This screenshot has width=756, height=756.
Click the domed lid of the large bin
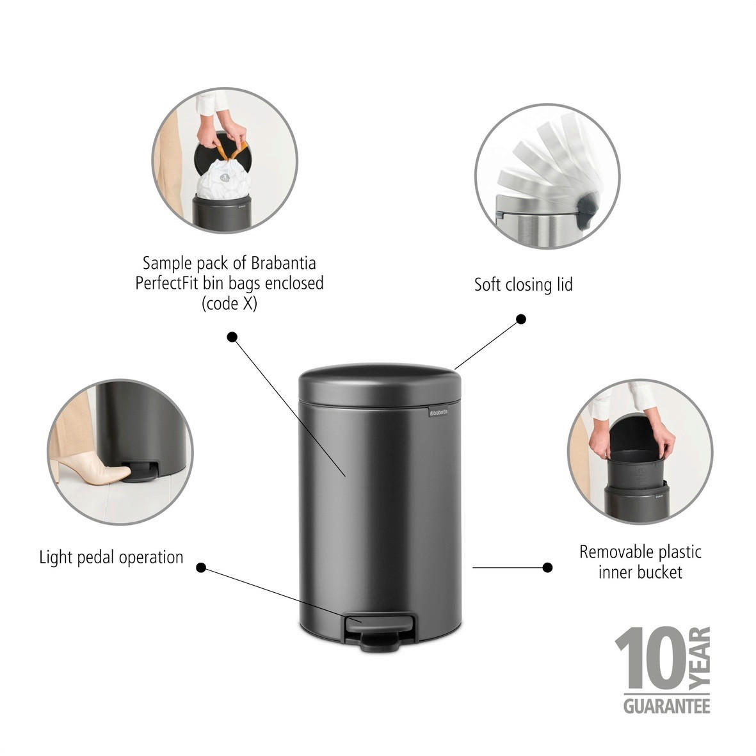point(380,384)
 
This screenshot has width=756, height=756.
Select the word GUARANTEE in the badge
point(666,706)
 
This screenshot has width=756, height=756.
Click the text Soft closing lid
point(523,284)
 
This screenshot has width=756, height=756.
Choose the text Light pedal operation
point(111,557)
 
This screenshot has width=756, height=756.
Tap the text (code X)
point(229,304)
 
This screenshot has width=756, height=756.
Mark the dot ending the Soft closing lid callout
point(521,319)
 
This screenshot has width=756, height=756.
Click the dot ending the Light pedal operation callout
point(201,567)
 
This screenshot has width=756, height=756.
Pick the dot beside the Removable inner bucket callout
point(547,567)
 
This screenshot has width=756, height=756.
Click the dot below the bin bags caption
point(232,336)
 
